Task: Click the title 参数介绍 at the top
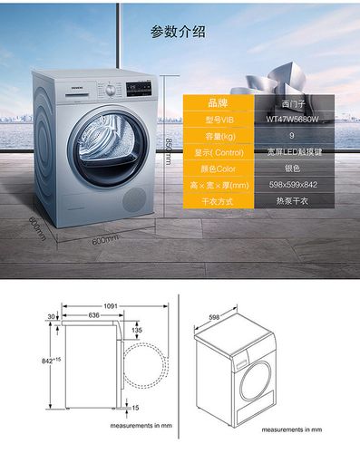[x=178, y=33]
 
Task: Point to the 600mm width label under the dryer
[x=105, y=239]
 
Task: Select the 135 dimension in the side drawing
[x=136, y=331]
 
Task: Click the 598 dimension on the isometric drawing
[x=214, y=316]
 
